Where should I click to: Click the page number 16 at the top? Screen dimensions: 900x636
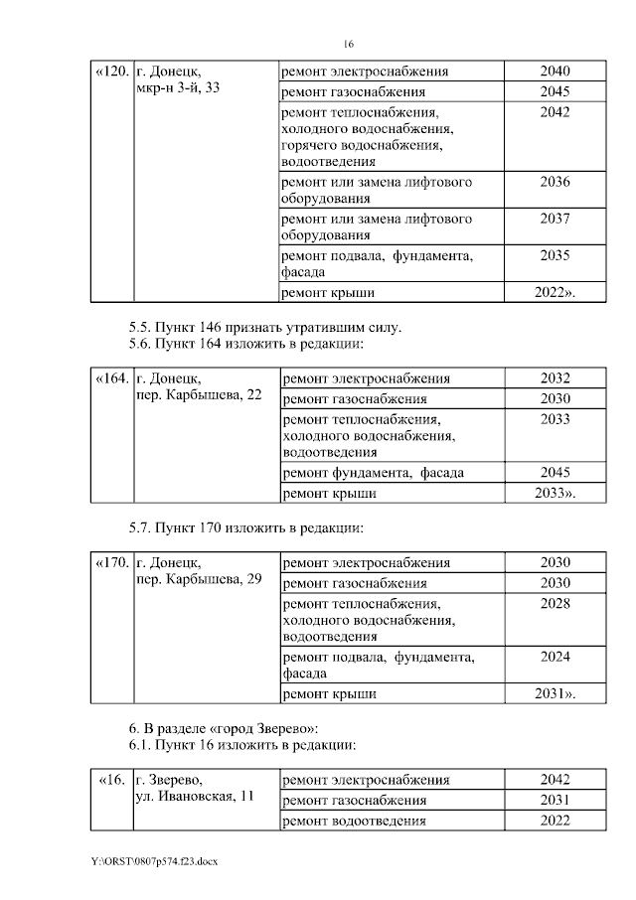coord(348,44)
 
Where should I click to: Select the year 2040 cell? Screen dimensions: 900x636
coord(555,73)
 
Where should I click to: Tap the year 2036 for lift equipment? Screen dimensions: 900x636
coord(555,182)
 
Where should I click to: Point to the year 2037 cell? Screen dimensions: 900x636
coord(555,219)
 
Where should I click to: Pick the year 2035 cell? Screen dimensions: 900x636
coord(555,255)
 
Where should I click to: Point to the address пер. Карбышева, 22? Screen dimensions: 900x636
coord(199,395)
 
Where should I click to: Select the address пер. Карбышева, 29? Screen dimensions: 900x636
coord(199,579)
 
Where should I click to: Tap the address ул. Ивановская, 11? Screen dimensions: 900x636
coord(195,797)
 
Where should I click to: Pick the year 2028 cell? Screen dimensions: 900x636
coord(555,603)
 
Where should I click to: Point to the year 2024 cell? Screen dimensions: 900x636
coord(555,657)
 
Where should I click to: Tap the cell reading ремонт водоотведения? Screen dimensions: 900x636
coord(355,821)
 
